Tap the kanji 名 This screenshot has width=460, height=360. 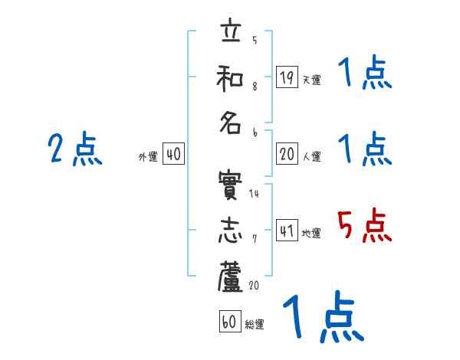pos(231,123)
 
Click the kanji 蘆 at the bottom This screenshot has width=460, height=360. pos(231,277)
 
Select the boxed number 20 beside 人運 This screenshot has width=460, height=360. pos(287,154)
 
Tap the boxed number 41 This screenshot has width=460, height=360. pos(287,231)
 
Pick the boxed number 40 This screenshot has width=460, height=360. pos(173,154)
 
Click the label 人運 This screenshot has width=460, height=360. pos(311,156)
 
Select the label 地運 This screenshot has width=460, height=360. pos(311,233)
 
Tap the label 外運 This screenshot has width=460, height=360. pos(148,156)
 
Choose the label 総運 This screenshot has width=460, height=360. pos(255,324)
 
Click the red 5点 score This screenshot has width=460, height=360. pos(365,227)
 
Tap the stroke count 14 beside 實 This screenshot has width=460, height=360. pos(254,194)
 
